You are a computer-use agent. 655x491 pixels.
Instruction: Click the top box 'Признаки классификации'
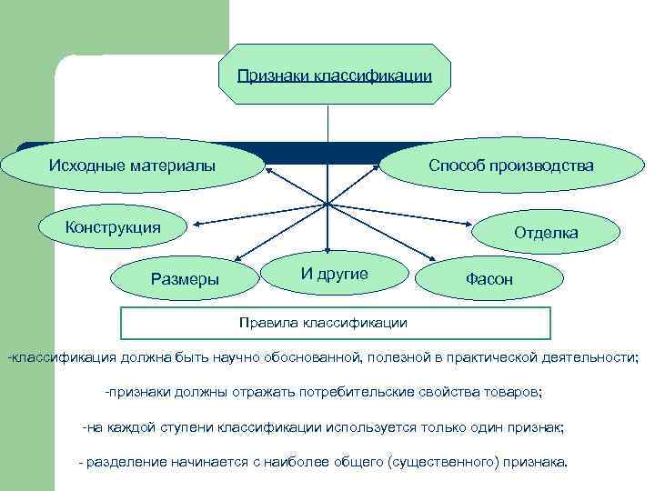[x=334, y=75]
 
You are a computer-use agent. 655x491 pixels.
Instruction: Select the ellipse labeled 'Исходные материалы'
[x=132, y=165]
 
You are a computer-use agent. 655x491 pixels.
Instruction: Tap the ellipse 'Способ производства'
[x=511, y=165]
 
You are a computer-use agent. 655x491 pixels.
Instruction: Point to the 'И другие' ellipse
[x=334, y=274]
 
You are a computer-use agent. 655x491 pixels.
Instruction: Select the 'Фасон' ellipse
[x=489, y=280]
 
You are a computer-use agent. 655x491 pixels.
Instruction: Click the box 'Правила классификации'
[x=336, y=323]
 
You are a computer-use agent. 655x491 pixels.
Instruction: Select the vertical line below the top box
[x=327, y=123]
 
